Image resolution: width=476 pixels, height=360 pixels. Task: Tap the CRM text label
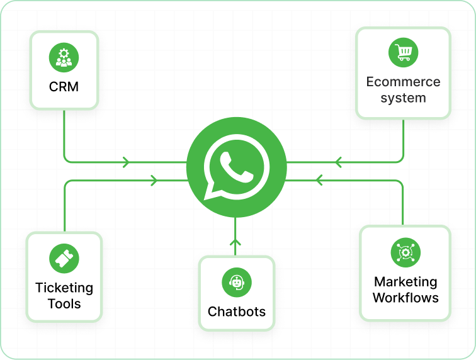tap(64, 87)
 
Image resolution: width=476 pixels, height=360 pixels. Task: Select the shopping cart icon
tap(403, 52)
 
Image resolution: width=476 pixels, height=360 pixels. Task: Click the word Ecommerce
tap(403, 82)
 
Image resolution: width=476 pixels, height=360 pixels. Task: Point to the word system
tap(403, 98)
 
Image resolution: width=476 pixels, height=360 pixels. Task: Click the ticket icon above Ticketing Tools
tap(64, 259)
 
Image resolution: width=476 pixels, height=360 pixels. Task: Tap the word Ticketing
tap(64, 288)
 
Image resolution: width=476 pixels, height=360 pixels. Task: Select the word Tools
tap(64, 304)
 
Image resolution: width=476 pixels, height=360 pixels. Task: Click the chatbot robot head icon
tap(236, 283)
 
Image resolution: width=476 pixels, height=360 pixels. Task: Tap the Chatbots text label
tap(237, 312)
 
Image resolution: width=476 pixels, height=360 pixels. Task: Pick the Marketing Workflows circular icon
tap(405, 252)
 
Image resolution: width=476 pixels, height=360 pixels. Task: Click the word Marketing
tap(405, 281)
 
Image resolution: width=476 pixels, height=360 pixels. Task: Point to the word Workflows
tap(405, 298)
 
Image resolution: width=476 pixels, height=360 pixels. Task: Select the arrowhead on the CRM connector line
tap(127, 162)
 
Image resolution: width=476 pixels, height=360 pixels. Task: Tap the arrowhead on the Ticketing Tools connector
tap(153, 181)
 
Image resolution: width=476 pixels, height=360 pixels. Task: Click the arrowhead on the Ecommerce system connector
tap(338, 162)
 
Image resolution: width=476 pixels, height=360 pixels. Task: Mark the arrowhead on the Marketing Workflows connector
tap(319, 181)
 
